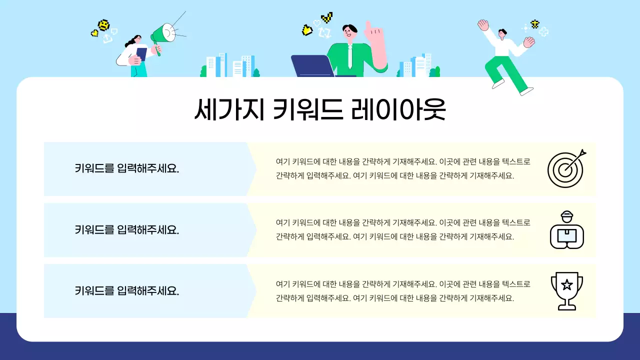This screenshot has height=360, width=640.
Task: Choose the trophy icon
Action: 566,290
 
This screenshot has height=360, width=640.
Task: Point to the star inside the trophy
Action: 566,285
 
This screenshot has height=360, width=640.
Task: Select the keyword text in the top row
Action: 127,169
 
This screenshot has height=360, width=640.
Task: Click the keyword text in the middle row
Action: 127,230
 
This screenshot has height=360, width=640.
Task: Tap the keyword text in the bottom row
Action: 127,291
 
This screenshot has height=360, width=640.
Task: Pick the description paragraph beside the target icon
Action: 402,169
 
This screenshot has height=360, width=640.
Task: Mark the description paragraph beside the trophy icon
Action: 402,291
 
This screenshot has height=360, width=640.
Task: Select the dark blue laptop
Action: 313,66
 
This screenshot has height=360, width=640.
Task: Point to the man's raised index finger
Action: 368,25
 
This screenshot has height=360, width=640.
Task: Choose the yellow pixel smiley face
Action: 103,24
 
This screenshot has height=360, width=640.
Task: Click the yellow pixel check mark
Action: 327,18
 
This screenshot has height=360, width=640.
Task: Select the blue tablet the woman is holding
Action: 141,53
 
